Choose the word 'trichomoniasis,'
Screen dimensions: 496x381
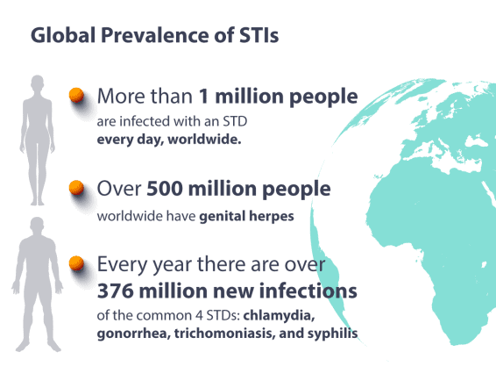(x=230, y=334)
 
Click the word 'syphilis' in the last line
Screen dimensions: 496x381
(x=333, y=334)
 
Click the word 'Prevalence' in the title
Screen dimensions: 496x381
(x=154, y=36)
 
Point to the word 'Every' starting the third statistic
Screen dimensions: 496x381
(x=122, y=264)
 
